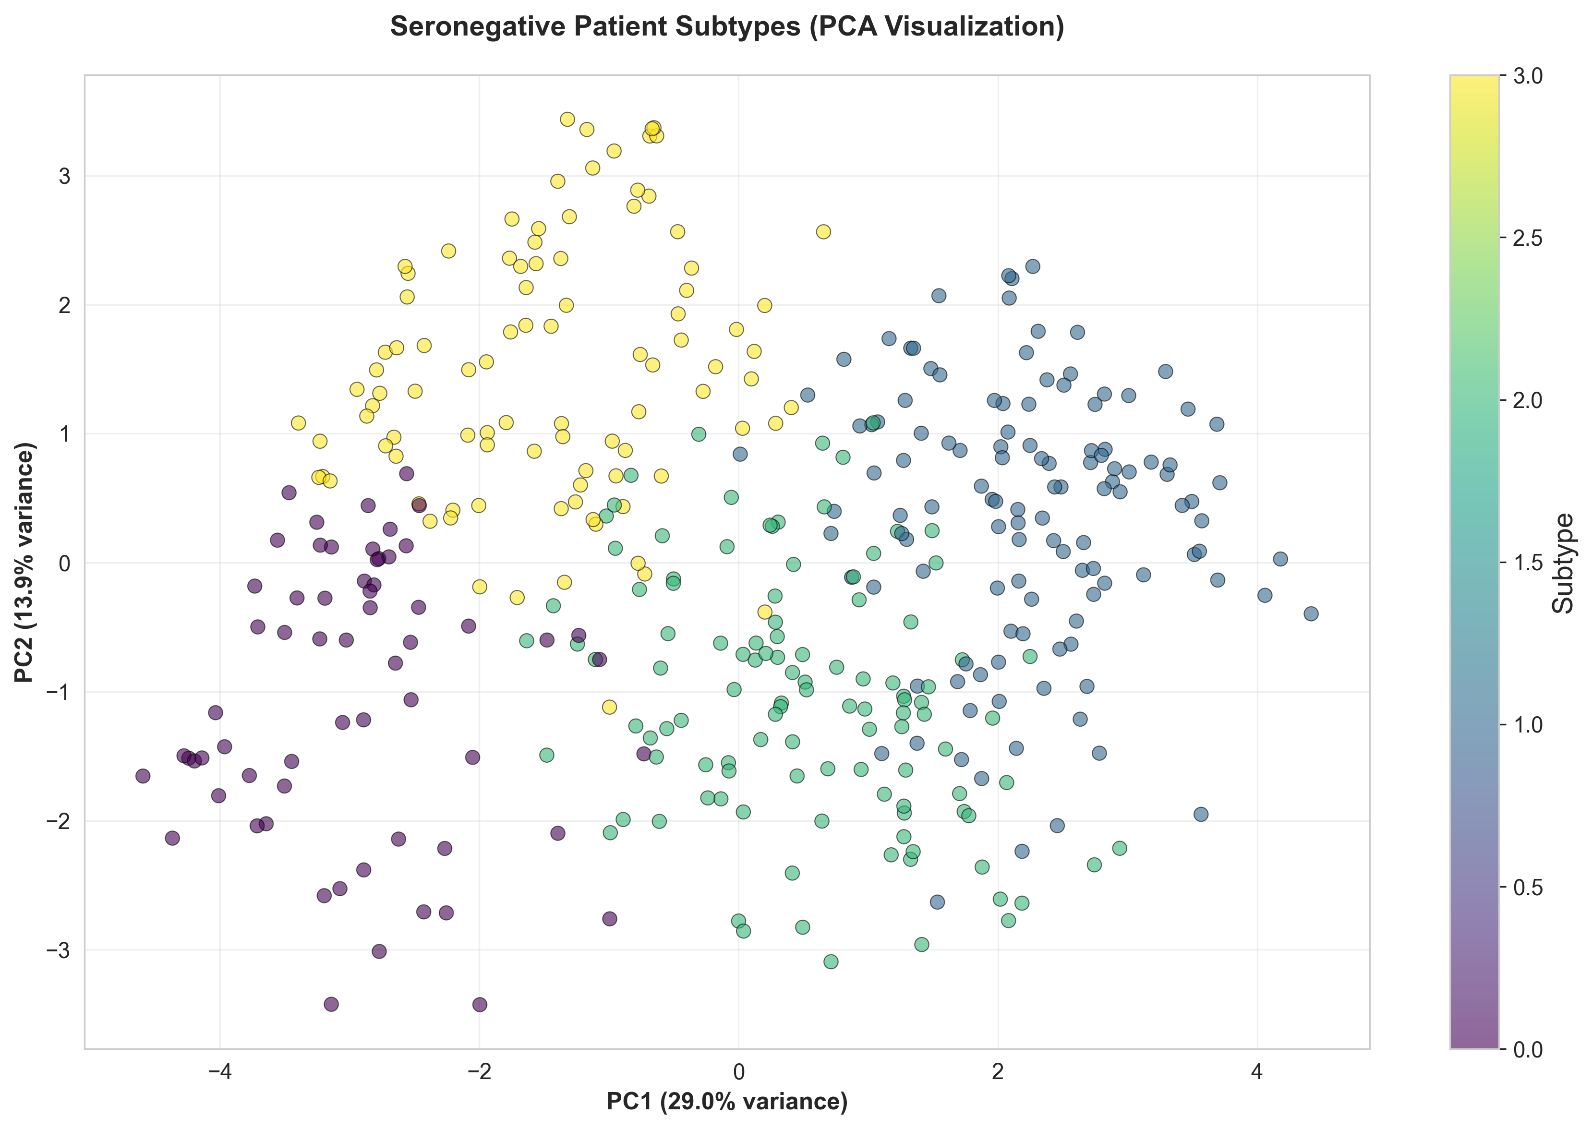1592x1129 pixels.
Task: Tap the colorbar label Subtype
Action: pyautogui.click(x=1564, y=563)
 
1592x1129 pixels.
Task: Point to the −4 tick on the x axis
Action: pyautogui.click(x=220, y=1072)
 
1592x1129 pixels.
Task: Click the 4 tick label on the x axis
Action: pyautogui.click(x=1257, y=1072)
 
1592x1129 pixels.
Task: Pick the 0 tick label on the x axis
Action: pyautogui.click(x=738, y=1072)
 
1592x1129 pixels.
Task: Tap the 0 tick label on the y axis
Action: pyautogui.click(x=65, y=563)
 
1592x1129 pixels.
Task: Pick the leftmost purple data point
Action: pyautogui.click(x=143, y=776)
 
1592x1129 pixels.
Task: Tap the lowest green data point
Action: pyautogui.click(x=831, y=961)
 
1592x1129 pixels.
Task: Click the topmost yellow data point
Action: pyautogui.click(x=567, y=120)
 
